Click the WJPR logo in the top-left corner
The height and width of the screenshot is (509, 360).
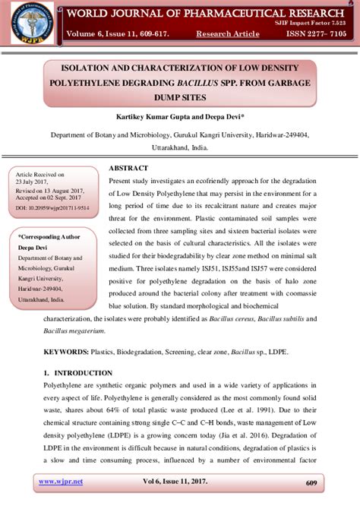pos(31,22)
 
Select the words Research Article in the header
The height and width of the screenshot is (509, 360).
pos(227,34)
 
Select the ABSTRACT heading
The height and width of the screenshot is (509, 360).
pos(128,167)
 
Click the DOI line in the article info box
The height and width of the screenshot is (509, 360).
pos(52,207)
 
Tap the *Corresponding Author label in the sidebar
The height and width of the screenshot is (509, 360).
pos(52,236)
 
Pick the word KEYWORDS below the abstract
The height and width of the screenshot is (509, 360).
pos(65,353)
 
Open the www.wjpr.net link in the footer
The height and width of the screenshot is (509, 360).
pos(61,482)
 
